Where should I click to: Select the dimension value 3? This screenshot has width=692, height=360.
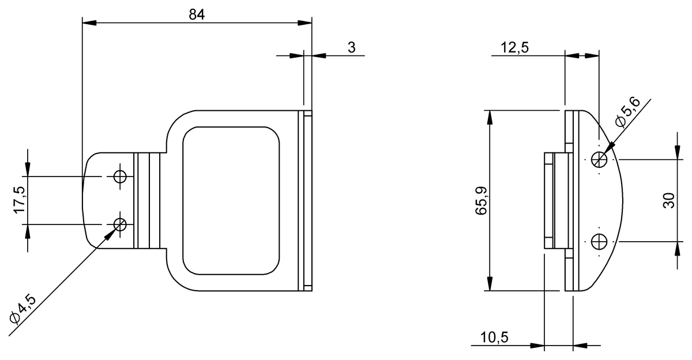[x=351, y=47]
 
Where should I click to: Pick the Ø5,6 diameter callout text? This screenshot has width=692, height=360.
[x=628, y=112]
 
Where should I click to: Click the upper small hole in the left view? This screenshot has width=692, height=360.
[x=120, y=177]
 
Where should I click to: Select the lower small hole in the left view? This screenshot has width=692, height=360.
[x=120, y=224]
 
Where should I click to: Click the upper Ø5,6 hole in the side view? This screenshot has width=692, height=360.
[x=600, y=159]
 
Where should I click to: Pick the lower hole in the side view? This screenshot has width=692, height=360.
[x=600, y=241]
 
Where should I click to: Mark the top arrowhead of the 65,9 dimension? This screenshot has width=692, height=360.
[x=490, y=115]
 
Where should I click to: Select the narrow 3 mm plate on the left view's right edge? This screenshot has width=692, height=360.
[x=307, y=201]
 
